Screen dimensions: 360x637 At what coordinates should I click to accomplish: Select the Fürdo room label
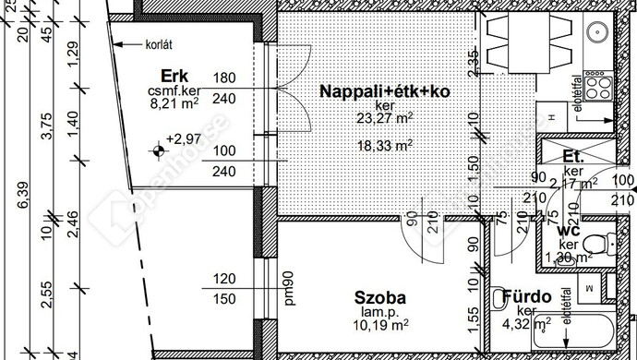[x=527, y=297]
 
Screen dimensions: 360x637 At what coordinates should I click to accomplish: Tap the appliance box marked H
[x=551, y=119]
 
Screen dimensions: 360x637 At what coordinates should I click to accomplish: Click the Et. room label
[x=574, y=157]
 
